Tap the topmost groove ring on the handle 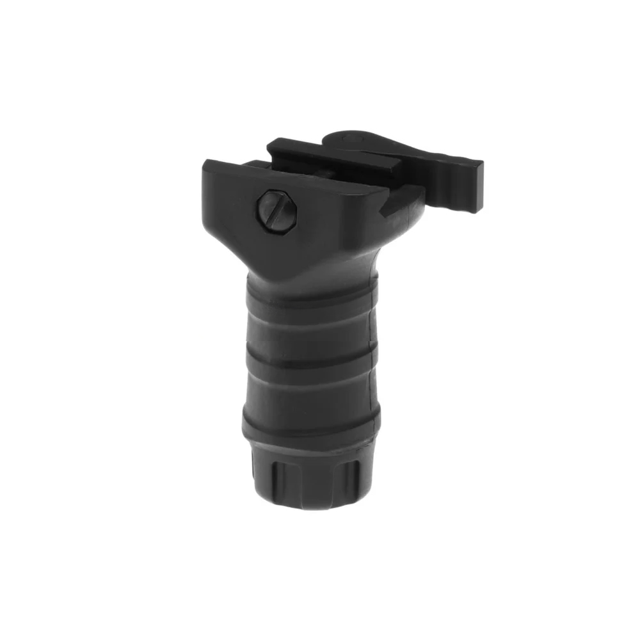point(307,306)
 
